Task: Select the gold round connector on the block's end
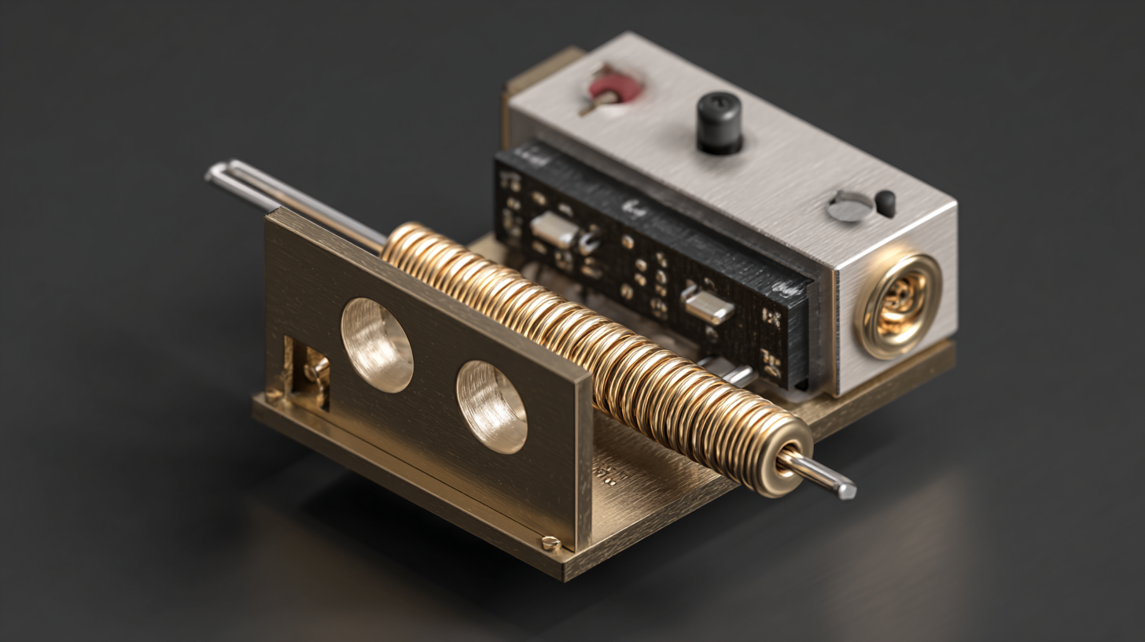point(898,304)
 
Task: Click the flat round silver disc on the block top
point(850,207)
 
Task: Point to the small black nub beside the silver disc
point(885,203)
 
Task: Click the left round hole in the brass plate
point(377,345)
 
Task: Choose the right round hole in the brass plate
point(492,406)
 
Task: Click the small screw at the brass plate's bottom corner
point(550,543)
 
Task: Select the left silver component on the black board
point(555,229)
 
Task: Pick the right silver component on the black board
point(706,304)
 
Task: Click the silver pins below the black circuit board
point(727,371)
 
